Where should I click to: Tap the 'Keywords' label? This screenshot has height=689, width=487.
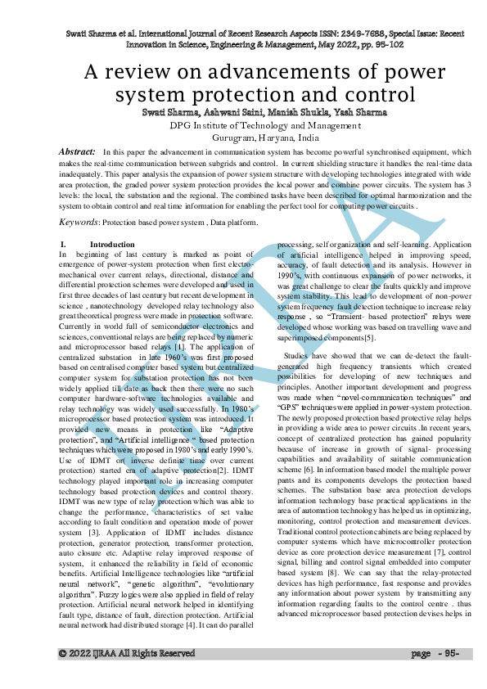[79, 222]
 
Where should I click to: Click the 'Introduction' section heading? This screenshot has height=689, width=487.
[112, 245]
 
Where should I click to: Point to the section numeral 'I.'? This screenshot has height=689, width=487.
[65, 245]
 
